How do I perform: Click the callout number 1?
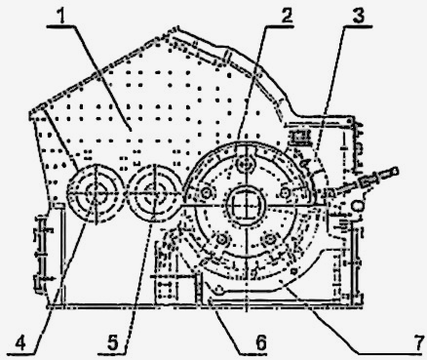[63, 17]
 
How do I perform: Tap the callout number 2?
[287, 16]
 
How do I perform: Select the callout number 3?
[359, 16]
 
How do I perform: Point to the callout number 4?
[20, 343]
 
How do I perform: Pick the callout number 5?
[112, 342]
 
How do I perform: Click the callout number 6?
[260, 342]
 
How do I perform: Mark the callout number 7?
[419, 342]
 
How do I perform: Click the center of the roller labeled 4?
[95, 193]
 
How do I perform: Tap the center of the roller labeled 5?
[155, 193]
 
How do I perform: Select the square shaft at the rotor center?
[246, 205]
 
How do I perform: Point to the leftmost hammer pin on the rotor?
[207, 192]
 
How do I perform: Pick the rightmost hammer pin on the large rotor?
[286, 192]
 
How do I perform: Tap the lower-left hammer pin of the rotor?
[222, 240]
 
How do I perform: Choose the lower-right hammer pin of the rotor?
[269, 239]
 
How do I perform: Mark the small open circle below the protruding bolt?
[357, 206]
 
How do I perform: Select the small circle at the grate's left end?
[219, 289]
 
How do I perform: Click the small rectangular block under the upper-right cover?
[299, 137]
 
